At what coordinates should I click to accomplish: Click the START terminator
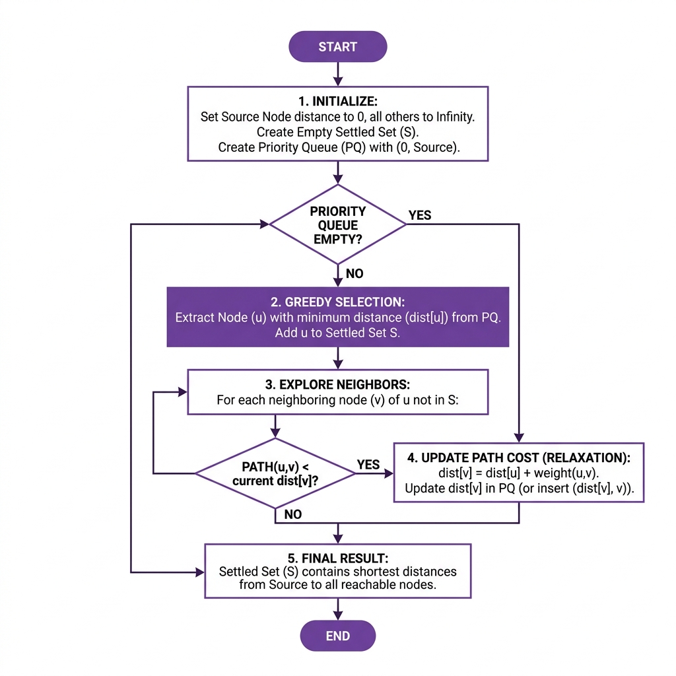(x=337, y=47)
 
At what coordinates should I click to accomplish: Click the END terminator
(x=337, y=636)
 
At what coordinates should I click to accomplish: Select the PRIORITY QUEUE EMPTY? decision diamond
(x=337, y=224)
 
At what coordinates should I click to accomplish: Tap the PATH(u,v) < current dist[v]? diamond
(x=275, y=473)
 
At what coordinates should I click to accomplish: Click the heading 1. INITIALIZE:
(x=337, y=102)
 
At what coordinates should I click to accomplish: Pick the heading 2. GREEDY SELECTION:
(x=337, y=302)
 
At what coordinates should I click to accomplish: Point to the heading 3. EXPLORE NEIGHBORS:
(x=337, y=385)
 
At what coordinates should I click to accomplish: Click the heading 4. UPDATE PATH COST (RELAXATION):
(x=519, y=457)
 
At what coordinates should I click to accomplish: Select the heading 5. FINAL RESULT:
(x=337, y=557)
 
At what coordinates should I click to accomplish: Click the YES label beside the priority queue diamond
(x=420, y=215)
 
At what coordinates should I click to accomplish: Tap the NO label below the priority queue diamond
(x=355, y=273)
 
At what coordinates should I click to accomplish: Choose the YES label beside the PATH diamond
(x=368, y=465)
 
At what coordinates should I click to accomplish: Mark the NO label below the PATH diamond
(x=292, y=514)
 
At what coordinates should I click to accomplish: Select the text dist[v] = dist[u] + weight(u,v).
(x=519, y=473)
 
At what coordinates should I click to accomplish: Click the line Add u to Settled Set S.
(x=337, y=333)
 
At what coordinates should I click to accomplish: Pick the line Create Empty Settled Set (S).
(x=337, y=132)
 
